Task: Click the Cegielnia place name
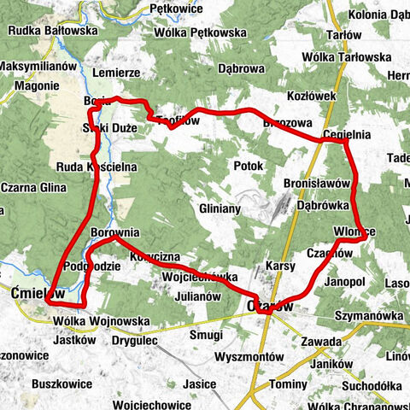click(x=346, y=135)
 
